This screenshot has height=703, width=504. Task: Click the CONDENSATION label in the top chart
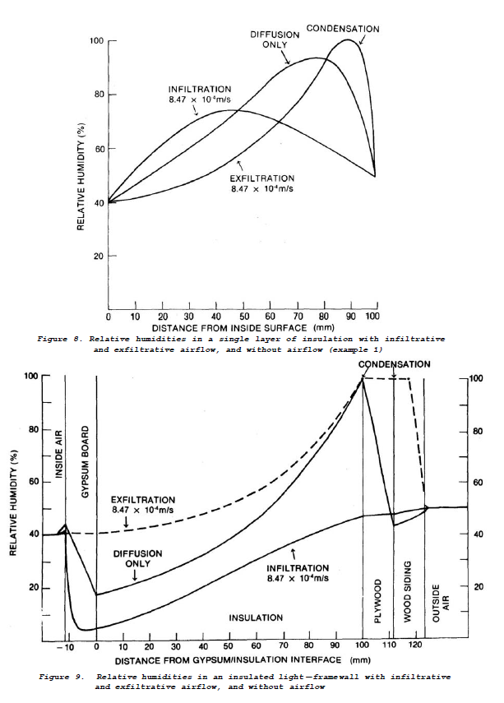click(x=343, y=29)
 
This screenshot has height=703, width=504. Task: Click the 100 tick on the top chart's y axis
click(x=96, y=41)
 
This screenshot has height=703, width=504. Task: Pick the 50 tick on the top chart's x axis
click(x=243, y=317)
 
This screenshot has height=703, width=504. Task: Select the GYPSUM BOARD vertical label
click(x=84, y=455)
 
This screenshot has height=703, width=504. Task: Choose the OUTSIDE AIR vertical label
click(x=436, y=604)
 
